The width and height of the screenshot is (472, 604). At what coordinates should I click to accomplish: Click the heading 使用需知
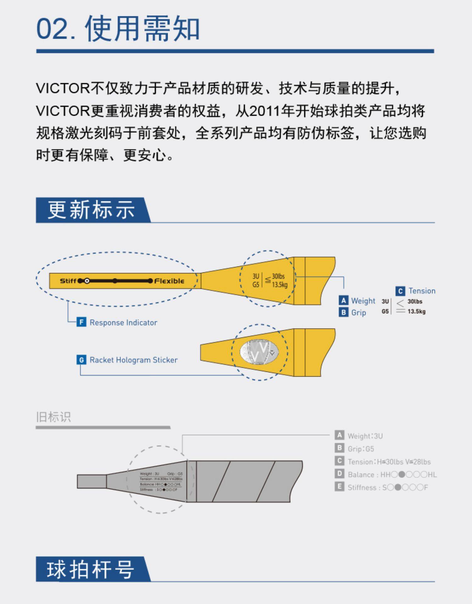tap(142, 29)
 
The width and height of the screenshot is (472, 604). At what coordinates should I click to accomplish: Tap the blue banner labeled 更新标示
tap(91, 210)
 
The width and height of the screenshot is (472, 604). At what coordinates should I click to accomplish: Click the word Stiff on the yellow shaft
tap(68, 281)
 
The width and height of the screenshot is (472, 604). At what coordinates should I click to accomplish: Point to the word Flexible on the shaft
tap(169, 281)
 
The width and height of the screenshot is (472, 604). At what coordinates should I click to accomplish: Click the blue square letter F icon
tap(81, 322)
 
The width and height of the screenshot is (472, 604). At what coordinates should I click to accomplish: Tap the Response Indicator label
tap(123, 322)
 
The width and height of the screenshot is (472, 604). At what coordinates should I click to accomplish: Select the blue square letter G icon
tap(81, 360)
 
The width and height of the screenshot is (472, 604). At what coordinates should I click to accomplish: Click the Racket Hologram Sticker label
tap(133, 360)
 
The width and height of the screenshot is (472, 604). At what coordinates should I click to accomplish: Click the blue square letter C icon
tap(400, 291)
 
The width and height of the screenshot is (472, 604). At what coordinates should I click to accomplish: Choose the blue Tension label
tap(422, 291)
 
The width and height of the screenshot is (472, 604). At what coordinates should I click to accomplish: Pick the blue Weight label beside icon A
tap(363, 301)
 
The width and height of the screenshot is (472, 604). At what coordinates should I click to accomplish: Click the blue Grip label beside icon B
tap(359, 313)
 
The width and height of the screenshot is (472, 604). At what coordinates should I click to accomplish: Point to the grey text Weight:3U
tap(365, 436)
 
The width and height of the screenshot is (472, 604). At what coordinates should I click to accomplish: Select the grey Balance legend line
tap(392, 474)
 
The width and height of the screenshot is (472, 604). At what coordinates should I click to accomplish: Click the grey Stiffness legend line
tap(388, 487)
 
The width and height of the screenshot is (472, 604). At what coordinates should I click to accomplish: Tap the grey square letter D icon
tap(339, 474)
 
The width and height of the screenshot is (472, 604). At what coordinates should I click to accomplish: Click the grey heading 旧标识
tap(53, 417)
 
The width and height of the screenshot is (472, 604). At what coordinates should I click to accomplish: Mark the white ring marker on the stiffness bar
tap(87, 281)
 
